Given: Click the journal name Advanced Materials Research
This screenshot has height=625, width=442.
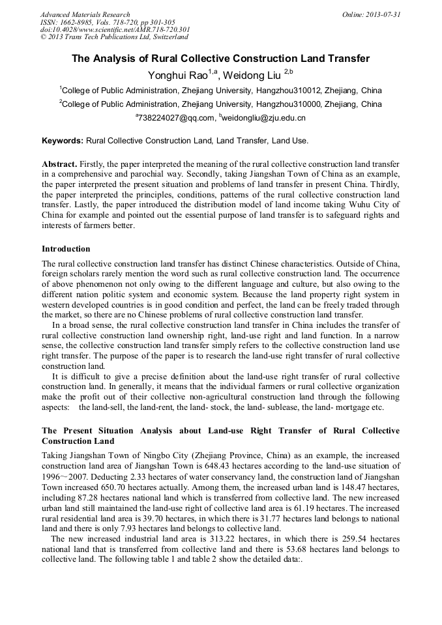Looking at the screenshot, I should click(x=85, y=14).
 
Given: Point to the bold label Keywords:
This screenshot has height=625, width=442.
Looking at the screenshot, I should click(x=63, y=140).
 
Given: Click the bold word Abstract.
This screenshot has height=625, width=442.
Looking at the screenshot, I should click(x=59, y=163).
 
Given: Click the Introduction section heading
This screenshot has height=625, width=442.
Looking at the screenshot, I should click(x=66, y=249).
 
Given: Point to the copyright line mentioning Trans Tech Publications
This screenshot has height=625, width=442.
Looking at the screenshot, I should click(x=114, y=37).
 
